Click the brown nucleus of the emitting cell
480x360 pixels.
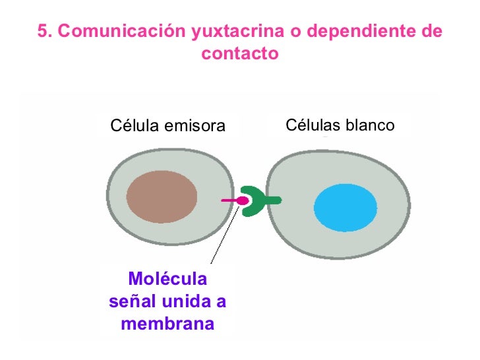click(162, 198)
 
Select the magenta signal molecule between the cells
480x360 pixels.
click(241, 200)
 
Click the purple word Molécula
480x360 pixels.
click(167, 279)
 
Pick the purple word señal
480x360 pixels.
click(133, 302)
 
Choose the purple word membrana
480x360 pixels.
click(167, 324)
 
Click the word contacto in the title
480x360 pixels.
click(240, 53)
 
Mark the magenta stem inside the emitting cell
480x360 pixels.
click(228, 200)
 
